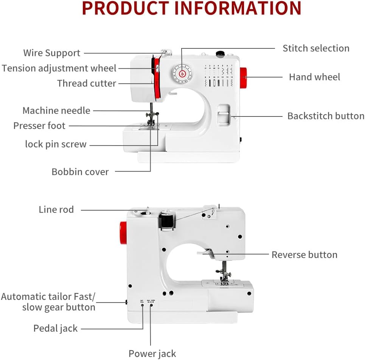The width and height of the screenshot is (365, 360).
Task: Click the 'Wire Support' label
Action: tap(52, 53)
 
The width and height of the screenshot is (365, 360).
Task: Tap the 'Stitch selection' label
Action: tap(316, 48)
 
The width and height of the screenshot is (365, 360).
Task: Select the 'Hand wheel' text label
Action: tap(314, 77)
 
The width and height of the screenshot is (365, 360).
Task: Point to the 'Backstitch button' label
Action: tap(326, 116)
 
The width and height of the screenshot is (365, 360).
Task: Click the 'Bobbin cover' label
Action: tap(80, 172)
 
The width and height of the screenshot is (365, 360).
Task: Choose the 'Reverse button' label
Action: tap(304, 254)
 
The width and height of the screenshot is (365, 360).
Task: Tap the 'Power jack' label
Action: tap(152, 354)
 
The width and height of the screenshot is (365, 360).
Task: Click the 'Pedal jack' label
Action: tap(56, 328)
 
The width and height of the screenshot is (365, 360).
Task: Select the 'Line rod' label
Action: tap(56, 209)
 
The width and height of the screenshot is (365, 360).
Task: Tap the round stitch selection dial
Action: tap(182, 73)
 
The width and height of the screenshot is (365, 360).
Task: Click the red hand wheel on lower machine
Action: tap(123, 231)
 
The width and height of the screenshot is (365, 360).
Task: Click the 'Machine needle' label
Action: tap(56, 110)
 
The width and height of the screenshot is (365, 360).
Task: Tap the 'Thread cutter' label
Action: tap(87, 83)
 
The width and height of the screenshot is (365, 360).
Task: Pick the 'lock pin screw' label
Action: tap(56, 144)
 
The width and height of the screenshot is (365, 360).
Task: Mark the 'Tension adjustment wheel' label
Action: tap(59, 68)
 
